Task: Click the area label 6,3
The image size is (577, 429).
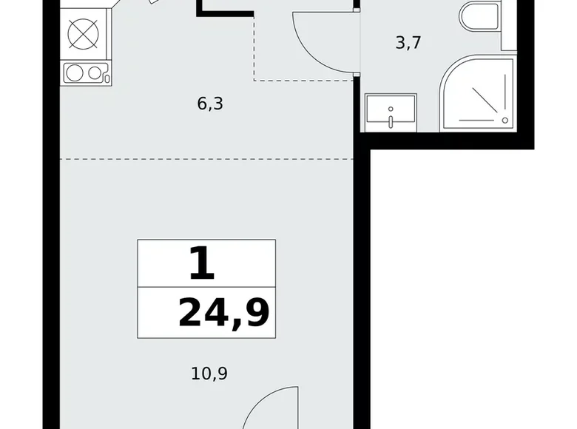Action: (210, 104)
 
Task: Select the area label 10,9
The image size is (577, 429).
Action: (210, 374)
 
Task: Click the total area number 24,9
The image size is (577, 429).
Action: (223, 314)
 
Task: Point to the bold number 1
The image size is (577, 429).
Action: (201, 266)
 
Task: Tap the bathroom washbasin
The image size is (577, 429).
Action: (389, 112)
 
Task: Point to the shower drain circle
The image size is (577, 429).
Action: (505, 120)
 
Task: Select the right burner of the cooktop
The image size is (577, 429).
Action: (94, 73)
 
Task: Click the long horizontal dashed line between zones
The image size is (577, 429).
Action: (207, 158)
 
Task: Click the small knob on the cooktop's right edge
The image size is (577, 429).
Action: (107, 76)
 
